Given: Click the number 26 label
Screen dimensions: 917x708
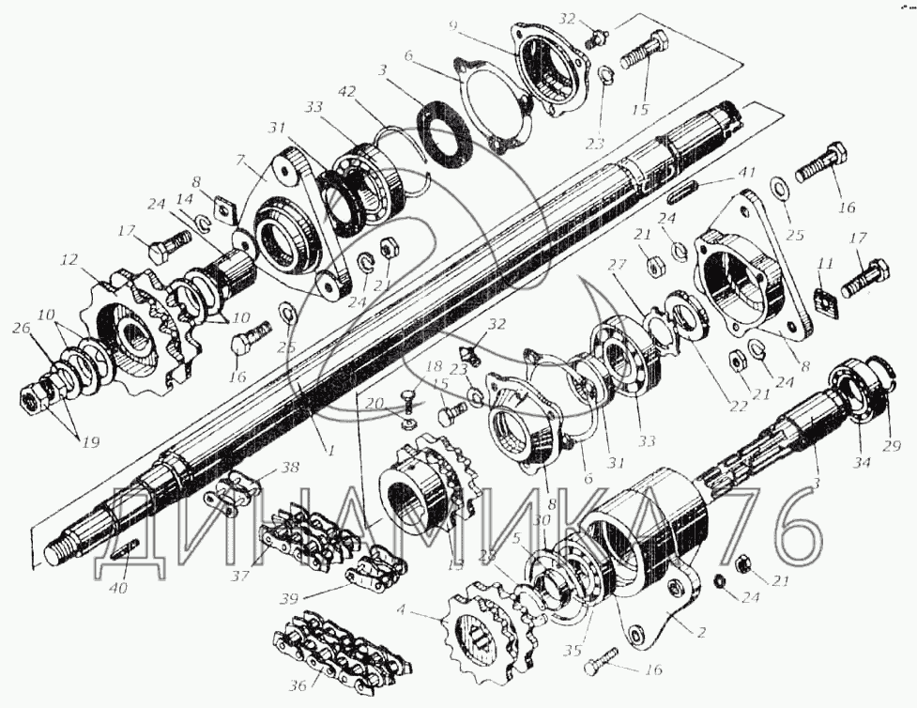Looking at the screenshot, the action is pyautogui.click(x=20, y=328).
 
